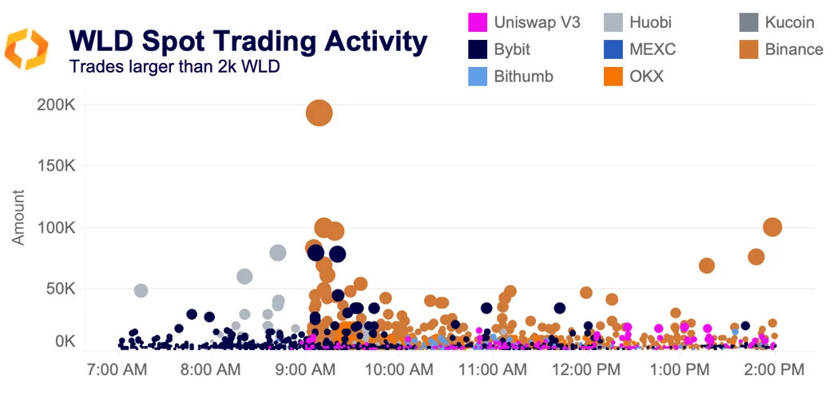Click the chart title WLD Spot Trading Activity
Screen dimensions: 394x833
coord(248,41)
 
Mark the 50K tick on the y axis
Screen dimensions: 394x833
coord(60,288)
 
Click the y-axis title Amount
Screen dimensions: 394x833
coord(18,217)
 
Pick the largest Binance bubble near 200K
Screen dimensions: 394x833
coord(319,113)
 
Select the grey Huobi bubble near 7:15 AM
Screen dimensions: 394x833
coord(141,290)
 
